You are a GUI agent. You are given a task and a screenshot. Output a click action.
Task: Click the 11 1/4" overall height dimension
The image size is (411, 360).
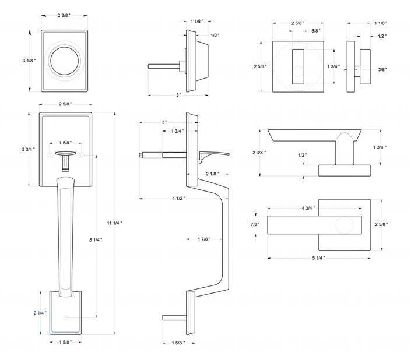pos(115,223)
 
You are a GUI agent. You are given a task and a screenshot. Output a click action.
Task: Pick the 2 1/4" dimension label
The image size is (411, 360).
pos(40,313)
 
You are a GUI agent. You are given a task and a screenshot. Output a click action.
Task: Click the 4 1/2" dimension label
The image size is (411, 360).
pos(179,199)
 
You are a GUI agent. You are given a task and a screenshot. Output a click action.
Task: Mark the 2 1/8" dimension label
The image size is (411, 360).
pos(213,174)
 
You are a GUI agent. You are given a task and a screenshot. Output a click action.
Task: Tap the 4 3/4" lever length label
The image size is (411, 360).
pos(308,207)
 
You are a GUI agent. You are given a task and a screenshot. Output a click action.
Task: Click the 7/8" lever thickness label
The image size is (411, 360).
pos(255,224)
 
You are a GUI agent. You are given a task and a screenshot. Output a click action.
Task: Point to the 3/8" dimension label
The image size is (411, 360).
pos(383,69)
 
